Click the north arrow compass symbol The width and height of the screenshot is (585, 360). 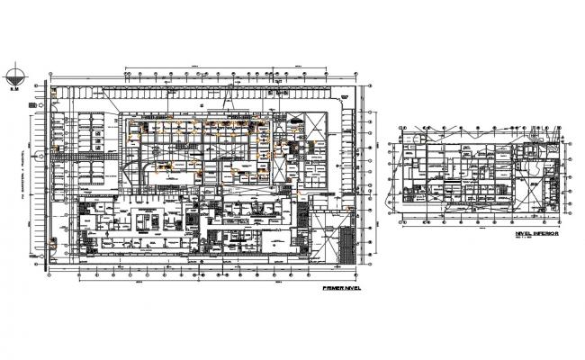(x=13, y=76)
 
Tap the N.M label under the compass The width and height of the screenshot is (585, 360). (x=13, y=89)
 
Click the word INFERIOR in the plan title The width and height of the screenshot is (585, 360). (x=544, y=232)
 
